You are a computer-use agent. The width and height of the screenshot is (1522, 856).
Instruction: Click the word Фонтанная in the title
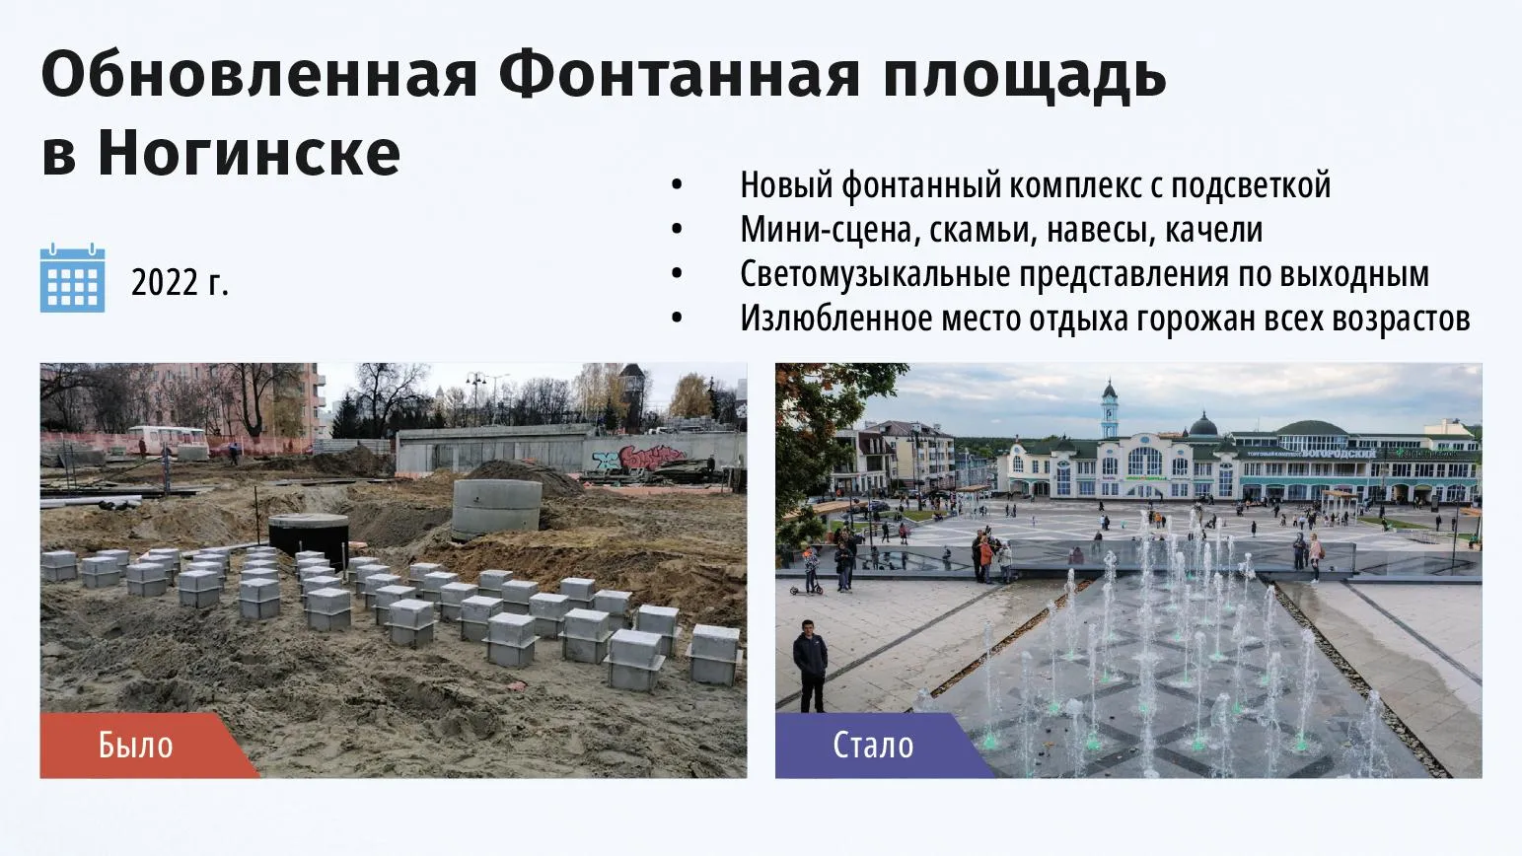click(x=680, y=75)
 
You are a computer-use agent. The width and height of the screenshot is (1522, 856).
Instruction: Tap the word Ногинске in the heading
click(x=249, y=152)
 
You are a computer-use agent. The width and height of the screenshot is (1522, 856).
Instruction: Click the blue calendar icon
click(x=73, y=277)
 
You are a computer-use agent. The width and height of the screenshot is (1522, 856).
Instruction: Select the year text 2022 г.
click(x=181, y=282)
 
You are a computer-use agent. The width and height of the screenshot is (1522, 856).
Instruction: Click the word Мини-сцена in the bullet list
click(x=825, y=230)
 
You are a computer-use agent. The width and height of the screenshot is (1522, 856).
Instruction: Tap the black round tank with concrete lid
click(x=309, y=536)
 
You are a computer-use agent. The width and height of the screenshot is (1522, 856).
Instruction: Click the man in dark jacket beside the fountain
click(x=810, y=666)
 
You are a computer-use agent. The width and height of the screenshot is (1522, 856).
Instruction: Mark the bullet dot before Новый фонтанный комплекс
click(x=677, y=185)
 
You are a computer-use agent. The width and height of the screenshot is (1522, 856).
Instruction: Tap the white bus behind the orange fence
click(x=168, y=439)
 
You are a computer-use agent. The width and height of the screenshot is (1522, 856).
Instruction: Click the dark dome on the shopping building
click(x=1202, y=425)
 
